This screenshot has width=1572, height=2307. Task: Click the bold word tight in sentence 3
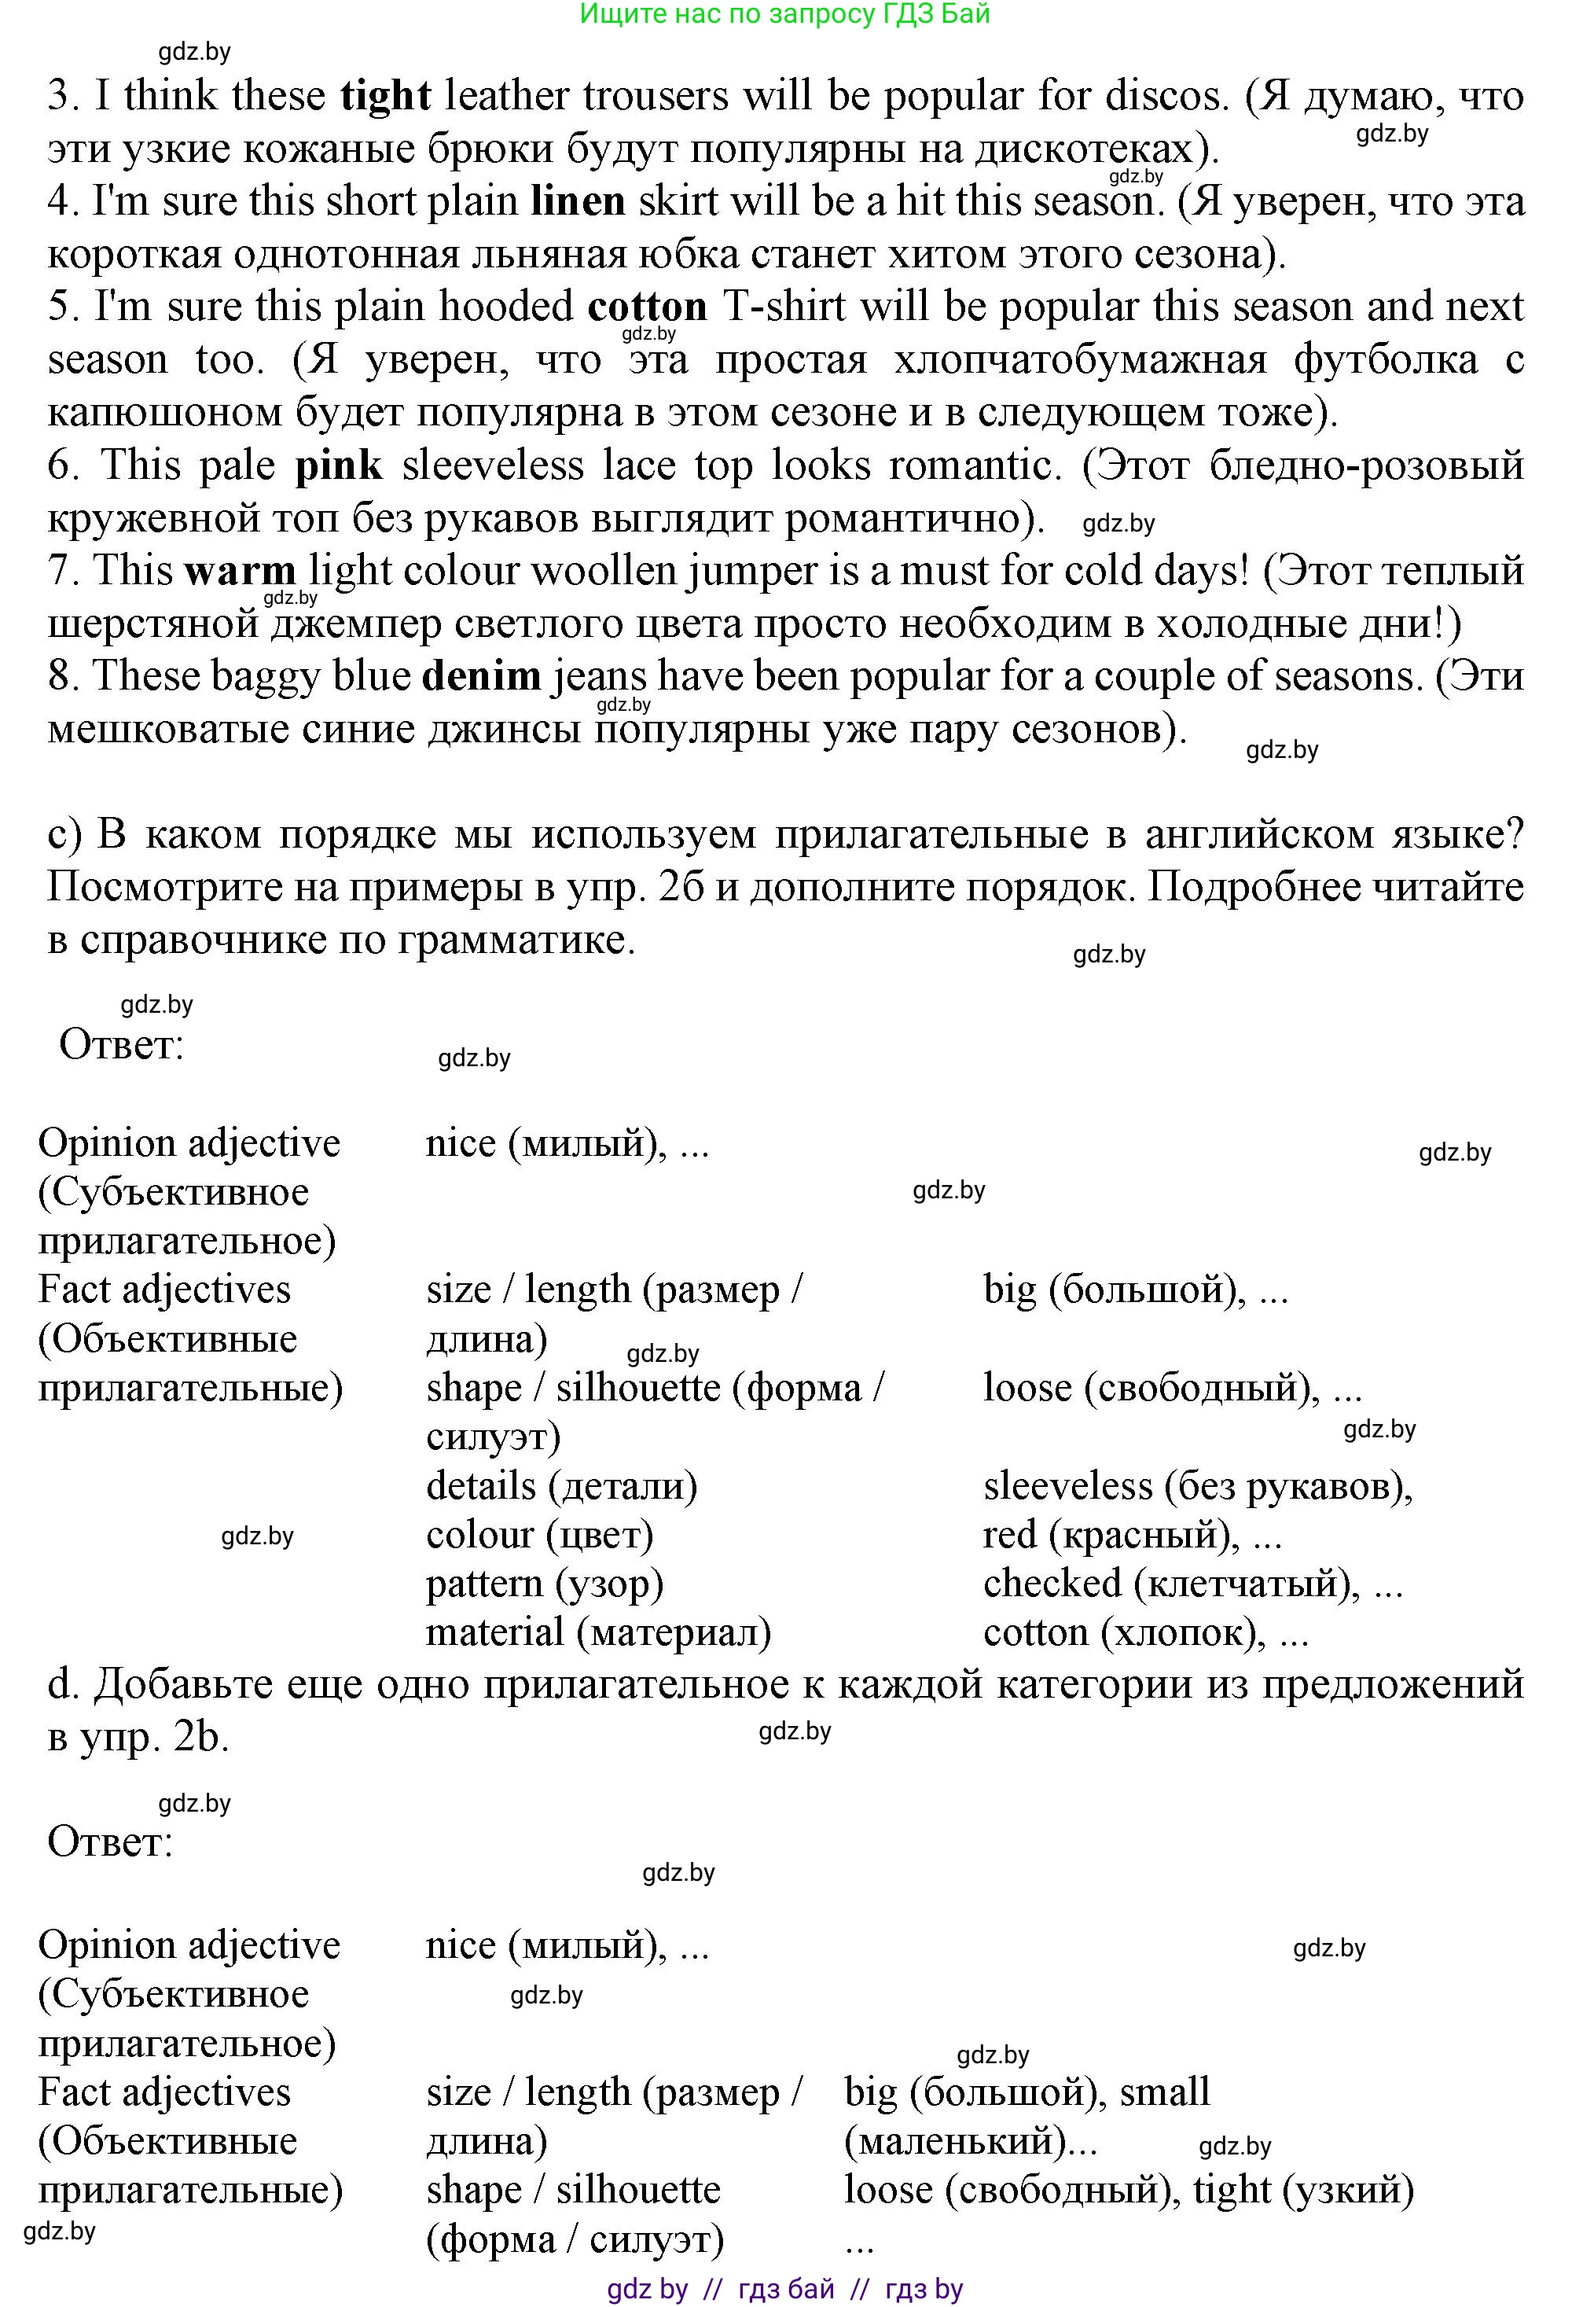tap(385, 96)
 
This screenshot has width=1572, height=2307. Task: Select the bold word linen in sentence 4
tap(578, 201)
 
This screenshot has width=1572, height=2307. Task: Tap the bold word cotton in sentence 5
tap(647, 307)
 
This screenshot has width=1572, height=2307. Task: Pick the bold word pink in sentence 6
tap(339, 465)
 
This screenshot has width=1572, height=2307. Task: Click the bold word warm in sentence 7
tap(241, 571)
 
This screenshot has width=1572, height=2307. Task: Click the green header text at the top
tap(784, 14)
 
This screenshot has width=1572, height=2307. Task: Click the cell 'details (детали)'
tap(562, 1485)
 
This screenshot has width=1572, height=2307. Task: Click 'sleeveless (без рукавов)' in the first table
tap(1197, 1485)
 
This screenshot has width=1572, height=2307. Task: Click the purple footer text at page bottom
tap(784, 2288)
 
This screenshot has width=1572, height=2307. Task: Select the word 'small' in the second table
tap(1164, 2092)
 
